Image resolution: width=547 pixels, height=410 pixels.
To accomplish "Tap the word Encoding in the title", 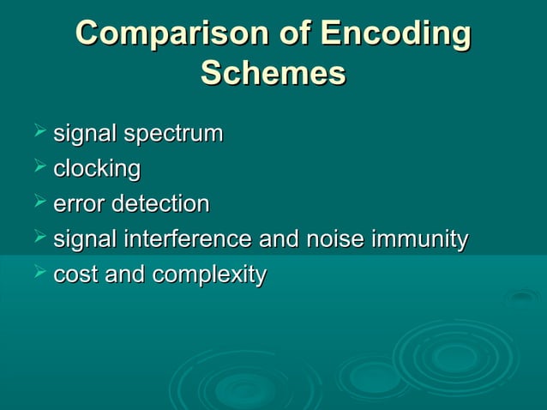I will [395, 35].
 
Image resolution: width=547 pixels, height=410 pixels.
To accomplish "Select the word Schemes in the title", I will [273, 75].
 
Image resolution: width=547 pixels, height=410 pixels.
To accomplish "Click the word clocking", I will [97, 170].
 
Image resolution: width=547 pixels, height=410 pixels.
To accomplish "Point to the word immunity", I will [418, 240].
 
